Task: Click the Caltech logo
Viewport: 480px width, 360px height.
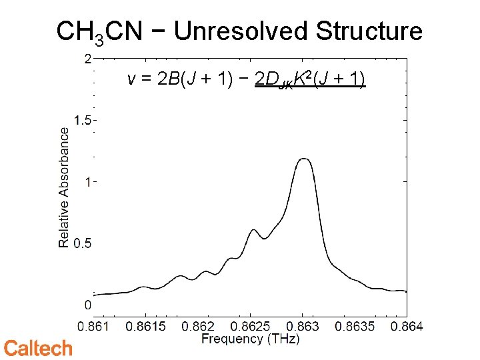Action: pos(38,348)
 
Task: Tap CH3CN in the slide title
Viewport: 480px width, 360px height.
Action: pos(99,32)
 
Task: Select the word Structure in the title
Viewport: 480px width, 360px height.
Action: pos(369,31)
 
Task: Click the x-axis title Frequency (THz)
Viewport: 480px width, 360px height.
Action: pos(251,339)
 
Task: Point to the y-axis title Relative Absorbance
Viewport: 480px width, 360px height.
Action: pos(64,187)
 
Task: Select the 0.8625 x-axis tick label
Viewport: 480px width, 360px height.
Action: pos(250,326)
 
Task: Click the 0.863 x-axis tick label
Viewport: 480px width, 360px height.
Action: pos(302,326)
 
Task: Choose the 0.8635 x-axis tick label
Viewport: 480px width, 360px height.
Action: pos(354,326)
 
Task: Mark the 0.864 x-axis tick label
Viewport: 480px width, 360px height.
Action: pos(406,326)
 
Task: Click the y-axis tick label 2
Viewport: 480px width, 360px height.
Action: pos(87,59)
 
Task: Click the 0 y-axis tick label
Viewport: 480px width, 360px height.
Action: pos(87,305)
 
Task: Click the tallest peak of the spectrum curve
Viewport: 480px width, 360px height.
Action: pos(304,159)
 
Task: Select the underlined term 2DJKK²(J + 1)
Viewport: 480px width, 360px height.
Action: pos(311,81)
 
